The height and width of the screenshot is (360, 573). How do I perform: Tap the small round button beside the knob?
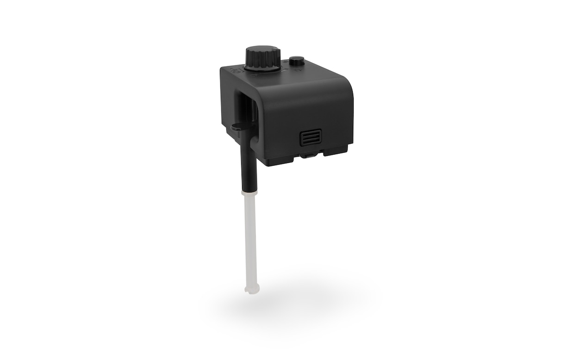(x=296, y=61)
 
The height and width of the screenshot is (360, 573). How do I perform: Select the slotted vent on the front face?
(x=311, y=137)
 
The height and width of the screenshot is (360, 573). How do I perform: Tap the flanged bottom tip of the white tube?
(x=252, y=290)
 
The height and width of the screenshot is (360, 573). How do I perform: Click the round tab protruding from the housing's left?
(x=237, y=125)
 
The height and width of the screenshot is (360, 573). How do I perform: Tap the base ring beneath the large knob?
(x=262, y=68)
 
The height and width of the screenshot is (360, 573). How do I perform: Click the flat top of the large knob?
(x=262, y=50)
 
